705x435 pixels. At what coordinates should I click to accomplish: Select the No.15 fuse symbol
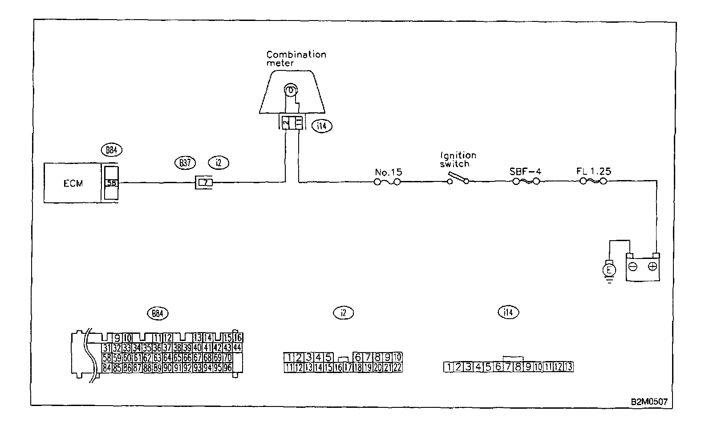(x=387, y=182)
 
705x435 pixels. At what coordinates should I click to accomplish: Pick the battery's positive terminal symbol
(x=652, y=267)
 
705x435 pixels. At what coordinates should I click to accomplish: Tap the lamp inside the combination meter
(x=290, y=90)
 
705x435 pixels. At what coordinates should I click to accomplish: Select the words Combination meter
(x=296, y=58)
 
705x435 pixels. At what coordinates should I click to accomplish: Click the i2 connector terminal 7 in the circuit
(x=204, y=182)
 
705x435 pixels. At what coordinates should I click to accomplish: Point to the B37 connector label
(x=185, y=163)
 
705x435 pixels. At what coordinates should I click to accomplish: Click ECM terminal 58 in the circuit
(x=111, y=182)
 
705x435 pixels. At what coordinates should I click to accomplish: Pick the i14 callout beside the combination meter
(x=322, y=126)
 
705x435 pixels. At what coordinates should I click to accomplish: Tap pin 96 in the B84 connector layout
(x=228, y=368)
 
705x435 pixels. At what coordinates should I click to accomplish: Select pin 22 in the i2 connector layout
(x=397, y=368)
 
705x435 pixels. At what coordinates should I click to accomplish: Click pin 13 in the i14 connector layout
(x=568, y=367)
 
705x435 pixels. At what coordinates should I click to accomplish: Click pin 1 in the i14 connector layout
(x=450, y=367)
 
